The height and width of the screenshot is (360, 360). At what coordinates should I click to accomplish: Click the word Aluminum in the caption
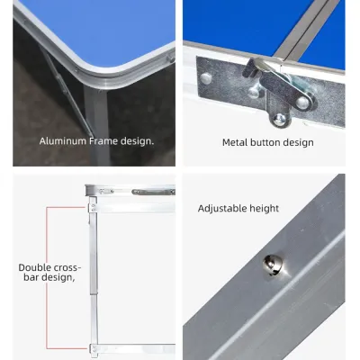pyautogui.click(x=63, y=141)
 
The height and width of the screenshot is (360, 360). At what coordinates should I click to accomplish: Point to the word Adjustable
pyautogui.click(x=225, y=209)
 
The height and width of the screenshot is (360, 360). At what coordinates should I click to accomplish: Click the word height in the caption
pyautogui.click(x=267, y=209)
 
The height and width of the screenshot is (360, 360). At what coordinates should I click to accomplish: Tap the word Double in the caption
pyautogui.click(x=34, y=267)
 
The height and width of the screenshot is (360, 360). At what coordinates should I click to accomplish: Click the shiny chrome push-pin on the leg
pyautogui.click(x=273, y=265)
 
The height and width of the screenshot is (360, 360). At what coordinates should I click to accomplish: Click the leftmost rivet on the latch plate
pyautogui.click(x=206, y=78)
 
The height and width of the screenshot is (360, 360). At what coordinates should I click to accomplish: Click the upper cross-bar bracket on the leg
pyautogui.click(x=94, y=208)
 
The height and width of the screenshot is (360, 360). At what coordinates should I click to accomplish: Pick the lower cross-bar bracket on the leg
pyautogui.click(x=94, y=349)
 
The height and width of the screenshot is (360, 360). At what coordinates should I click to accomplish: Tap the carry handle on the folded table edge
pyautogui.click(x=153, y=192)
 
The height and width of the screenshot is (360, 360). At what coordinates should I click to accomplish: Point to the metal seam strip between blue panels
pyautogui.click(x=307, y=30)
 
